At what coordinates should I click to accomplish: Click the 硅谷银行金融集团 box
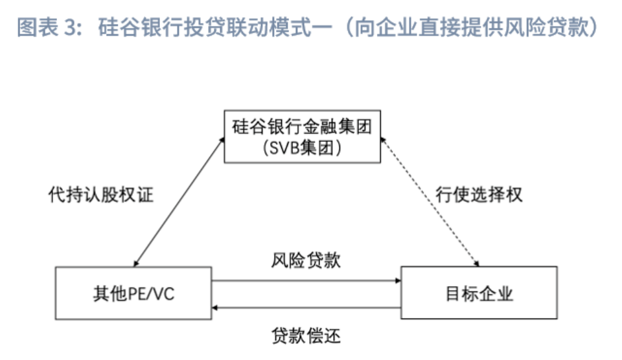pyautogui.click(x=302, y=136)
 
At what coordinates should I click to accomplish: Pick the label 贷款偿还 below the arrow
pyautogui.click(x=306, y=335)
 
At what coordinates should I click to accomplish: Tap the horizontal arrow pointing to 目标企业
pyautogui.click(x=306, y=281)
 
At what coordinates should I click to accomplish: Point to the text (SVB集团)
pyautogui.click(x=302, y=148)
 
